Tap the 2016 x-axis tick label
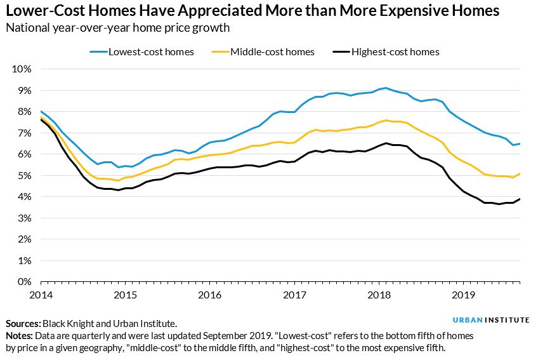[x=210, y=295]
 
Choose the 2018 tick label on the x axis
[x=379, y=295]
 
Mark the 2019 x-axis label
[x=464, y=295]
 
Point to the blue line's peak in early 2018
[x=386, y=88]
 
